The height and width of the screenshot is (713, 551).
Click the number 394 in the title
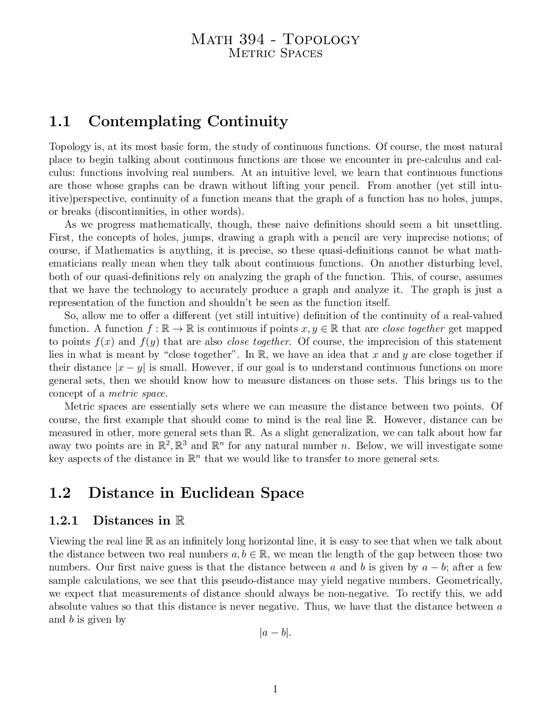click(x=251, y=40)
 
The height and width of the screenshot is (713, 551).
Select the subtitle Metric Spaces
click(x=275, y=53)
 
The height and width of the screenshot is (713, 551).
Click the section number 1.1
click(x=60, y=122)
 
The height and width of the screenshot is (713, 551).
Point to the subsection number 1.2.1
click(x=63, y=521)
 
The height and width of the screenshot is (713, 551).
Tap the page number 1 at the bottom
click(x=275, y=689)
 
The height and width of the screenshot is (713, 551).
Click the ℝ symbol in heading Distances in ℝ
click(x=180, y=521)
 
